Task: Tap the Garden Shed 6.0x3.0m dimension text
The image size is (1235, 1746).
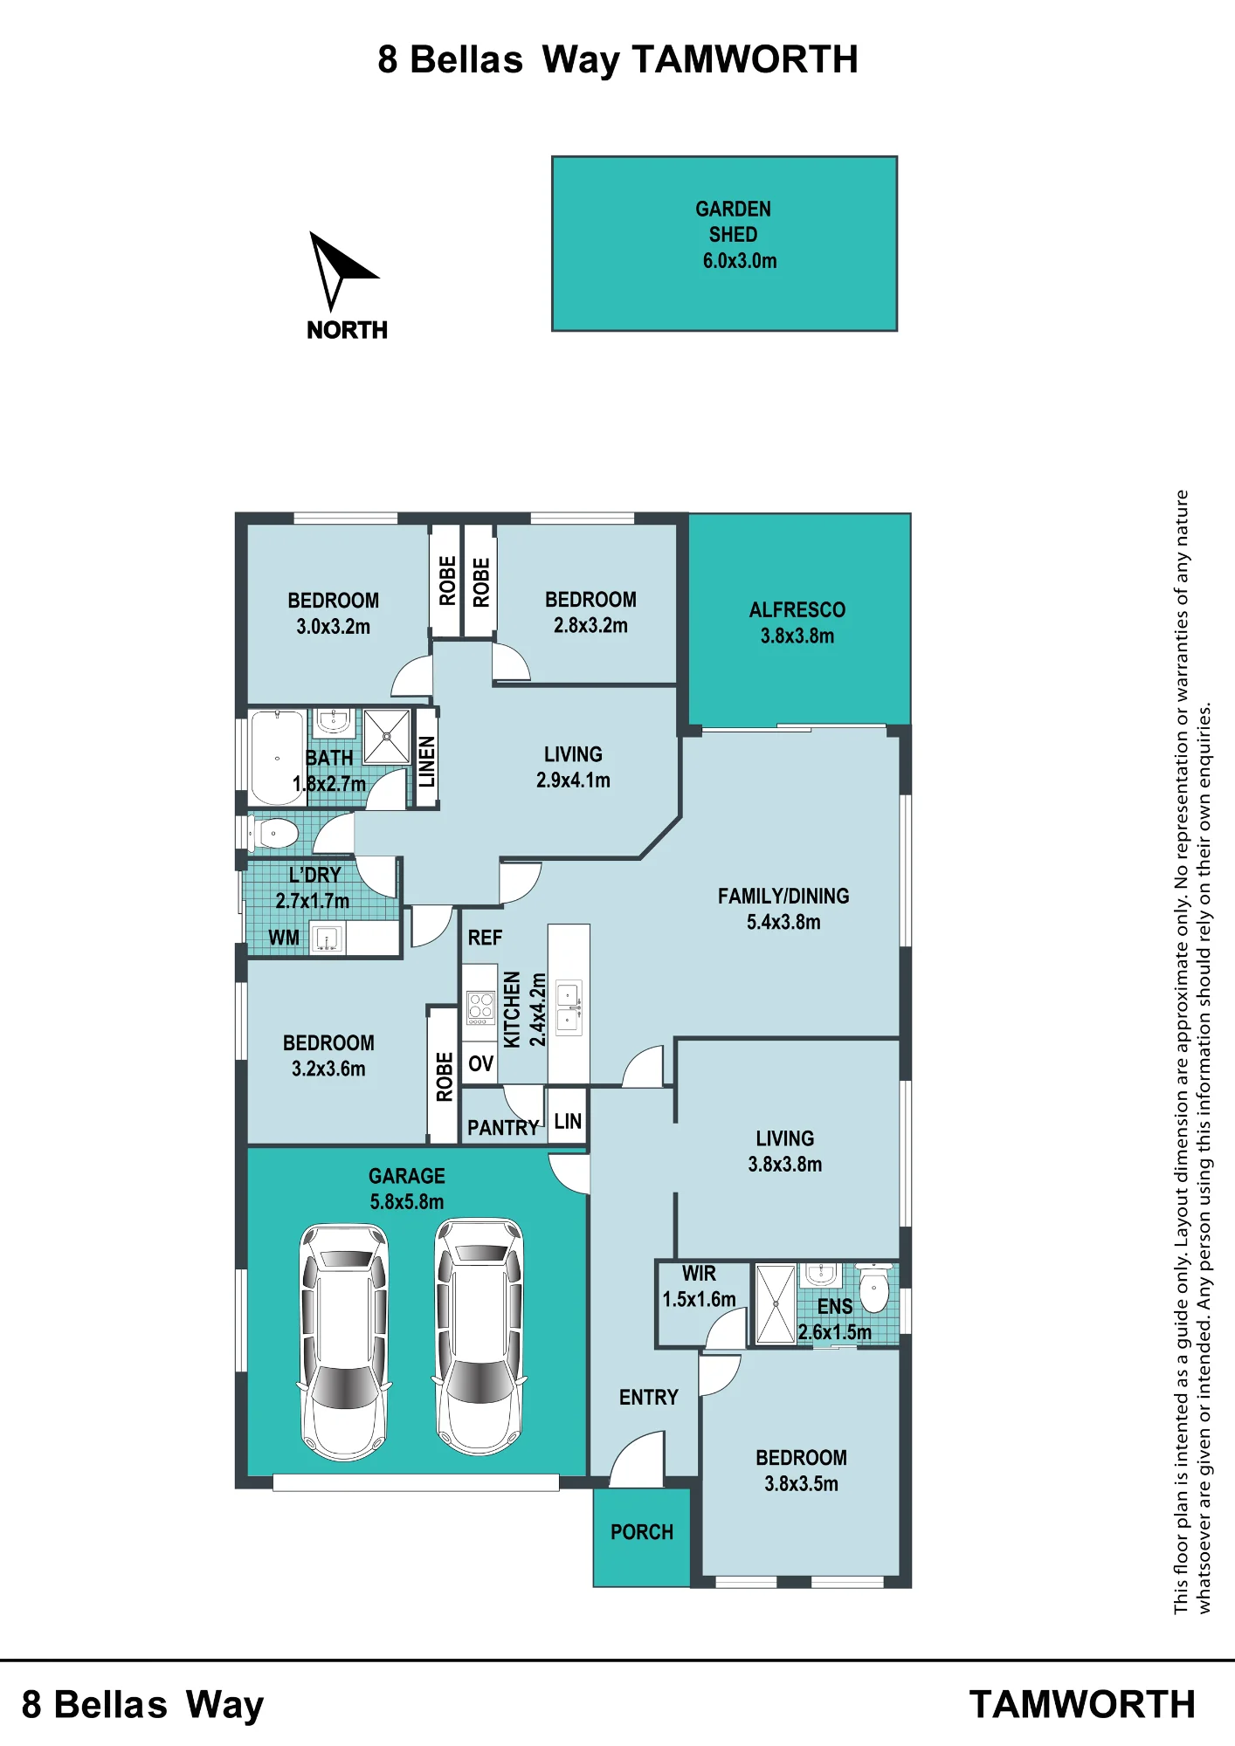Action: pyautogui.click(x=740, y=261)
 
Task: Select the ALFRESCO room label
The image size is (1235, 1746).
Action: pyautogui.click(x=797, y=610)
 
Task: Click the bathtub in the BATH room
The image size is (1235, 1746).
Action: pyautogui.click(x=277, y=758)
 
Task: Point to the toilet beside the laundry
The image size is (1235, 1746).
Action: pyautogui.click(x=273, y=834)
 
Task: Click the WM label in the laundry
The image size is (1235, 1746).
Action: pyautogui.click(x=284, y=938)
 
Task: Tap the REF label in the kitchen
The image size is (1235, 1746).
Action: pyautogui.click(x=485, y=938)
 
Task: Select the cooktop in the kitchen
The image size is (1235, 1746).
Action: pyautogui.click(x=480, y=1007)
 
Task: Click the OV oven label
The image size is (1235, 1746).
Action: pyautogui.click(x=481, y=1063)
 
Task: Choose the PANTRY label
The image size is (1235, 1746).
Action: pyautogui.click(x=503, y=1128)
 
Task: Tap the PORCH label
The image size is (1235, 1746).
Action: pyautogui.click(x=642, y=1532)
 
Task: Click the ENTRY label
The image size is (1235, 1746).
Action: pyautogui.click(x=649, y=1398)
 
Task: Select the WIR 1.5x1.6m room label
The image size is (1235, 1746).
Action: pyautogui.click(x=700, y=1287)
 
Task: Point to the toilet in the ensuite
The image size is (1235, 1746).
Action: pyautogui.click(x=874, y=1287)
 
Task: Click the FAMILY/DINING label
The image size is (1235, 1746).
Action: pyautogui.click(x=783, y=897)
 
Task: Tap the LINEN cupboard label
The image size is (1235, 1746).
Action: pyautogui.click(x=426, y=761)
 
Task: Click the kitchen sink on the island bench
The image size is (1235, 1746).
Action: pyautogui.click(x=569, y=1007)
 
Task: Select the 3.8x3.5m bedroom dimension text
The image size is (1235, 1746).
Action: pyautogui.click(x=801, y=1484)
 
